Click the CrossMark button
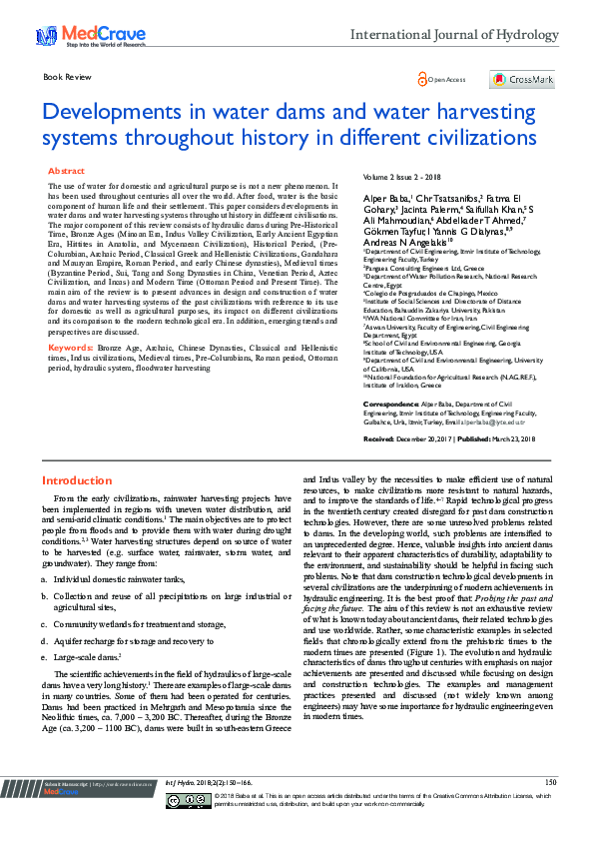click(522, 79)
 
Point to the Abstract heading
click(67, 172)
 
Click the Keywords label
click(68, 348)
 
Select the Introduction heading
click(76, 480)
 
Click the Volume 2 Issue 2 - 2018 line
click(409, 177)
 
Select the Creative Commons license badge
click(187, 801)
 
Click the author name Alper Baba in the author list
click(383, 199)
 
